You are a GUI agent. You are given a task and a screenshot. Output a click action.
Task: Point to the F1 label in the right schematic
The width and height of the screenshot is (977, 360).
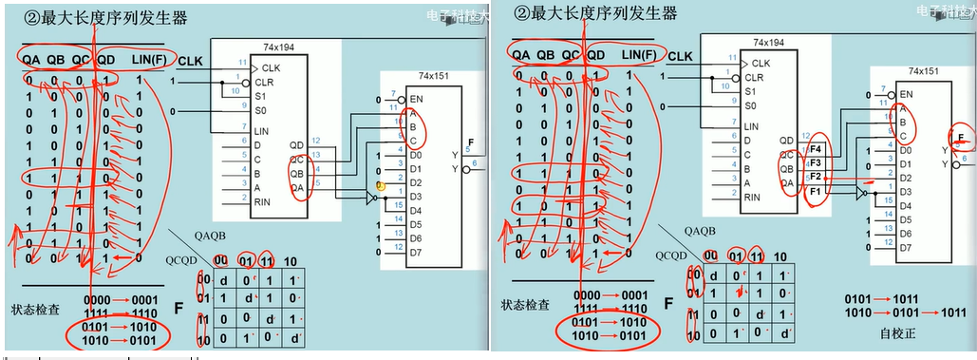(814, 191)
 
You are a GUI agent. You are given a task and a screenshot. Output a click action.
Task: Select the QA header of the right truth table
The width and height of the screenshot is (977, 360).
(520, 55)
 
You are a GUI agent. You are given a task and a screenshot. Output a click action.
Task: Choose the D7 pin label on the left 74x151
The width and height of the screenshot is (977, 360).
(415, 253)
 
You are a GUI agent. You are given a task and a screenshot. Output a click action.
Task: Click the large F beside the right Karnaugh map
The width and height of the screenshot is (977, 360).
(667, 305)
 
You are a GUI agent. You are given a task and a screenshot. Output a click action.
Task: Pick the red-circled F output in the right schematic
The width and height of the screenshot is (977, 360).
(963, 139)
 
